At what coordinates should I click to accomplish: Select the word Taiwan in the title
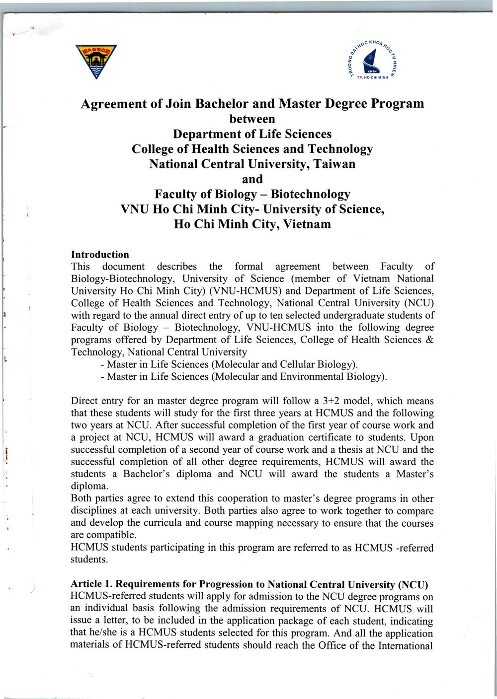[x=332, y=164]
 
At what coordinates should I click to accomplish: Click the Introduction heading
[x=100, y=255]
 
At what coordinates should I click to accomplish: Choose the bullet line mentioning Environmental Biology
[x=244, y=376]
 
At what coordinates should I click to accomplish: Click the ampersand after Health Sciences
[x=430, y=340]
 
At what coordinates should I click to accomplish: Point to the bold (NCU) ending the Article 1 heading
[x=414, y=584]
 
